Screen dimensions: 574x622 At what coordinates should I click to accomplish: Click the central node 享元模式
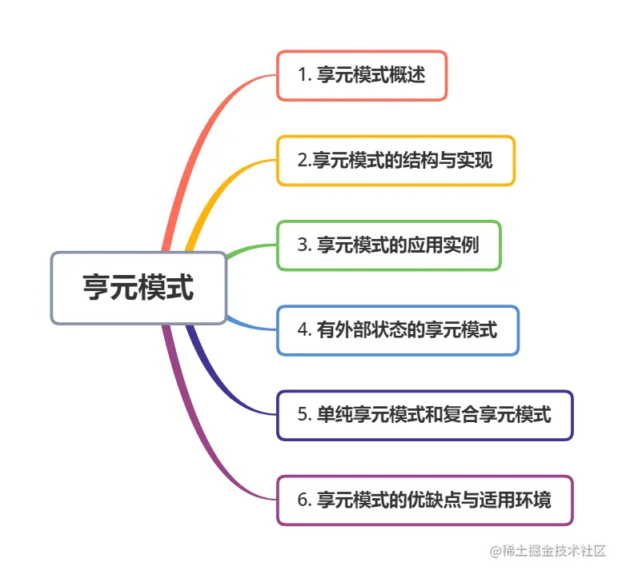(x=138, y=288)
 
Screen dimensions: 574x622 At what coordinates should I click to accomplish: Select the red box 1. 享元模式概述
(x=362, y=76)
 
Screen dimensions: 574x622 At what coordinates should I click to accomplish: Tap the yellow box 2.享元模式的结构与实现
(x=395, y=161)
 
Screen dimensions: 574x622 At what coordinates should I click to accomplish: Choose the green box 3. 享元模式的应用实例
(x=388, y=245)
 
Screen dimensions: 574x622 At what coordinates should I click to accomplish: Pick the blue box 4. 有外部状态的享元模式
(x=398, y=330)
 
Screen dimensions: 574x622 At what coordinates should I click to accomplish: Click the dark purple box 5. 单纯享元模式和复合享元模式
(x=424, y=415)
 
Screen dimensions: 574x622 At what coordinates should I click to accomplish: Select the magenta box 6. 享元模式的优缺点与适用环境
(x=424, y=500)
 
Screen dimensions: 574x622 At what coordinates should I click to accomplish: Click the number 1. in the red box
(x=303, y=76)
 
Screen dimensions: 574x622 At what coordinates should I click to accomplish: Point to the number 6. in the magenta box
(x=303, y=500)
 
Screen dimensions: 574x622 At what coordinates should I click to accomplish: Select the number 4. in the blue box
(x=303, y=330)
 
